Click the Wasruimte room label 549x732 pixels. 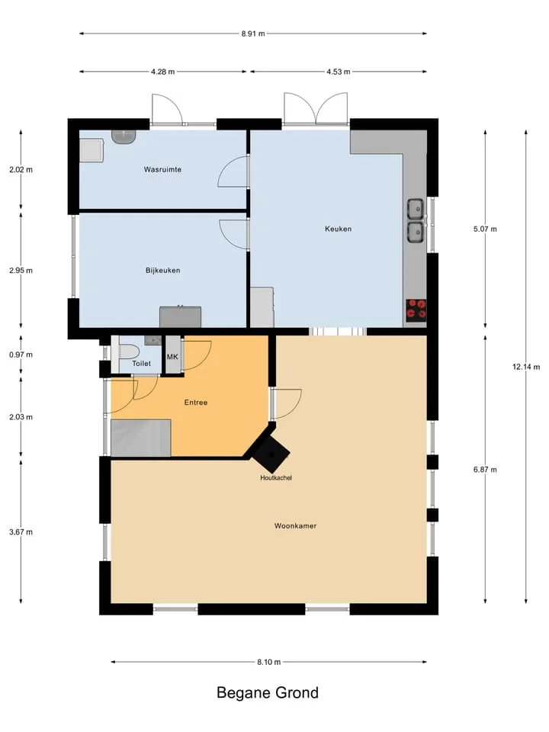tap(162, 169)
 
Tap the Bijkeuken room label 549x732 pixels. tap(162, 270)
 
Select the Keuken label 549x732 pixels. tap(338, 229)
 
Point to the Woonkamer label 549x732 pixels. tap(295, 525)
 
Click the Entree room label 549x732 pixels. tap(196, 403)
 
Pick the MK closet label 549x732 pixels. tap(172, 357)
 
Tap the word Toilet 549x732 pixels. tap(141, 363)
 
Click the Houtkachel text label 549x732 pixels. tap(276, 477)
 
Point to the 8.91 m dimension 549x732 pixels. tap(253, 34)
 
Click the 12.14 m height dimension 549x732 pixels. tap(526, 367)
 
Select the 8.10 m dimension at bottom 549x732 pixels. tap(269, 662)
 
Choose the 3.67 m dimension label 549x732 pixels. tap(21, 531)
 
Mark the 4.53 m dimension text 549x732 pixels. tap(338, 72)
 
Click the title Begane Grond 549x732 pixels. tap(268, 692)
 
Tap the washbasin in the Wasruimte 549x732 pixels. tap(124, 136)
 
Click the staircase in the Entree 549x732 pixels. tap(140, 438)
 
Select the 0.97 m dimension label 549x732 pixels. tap(21, 355)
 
